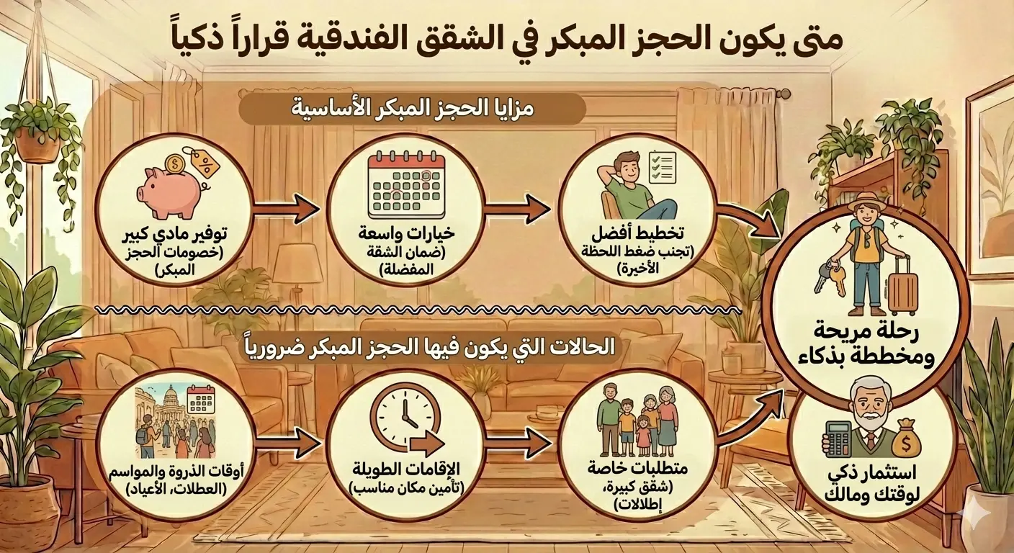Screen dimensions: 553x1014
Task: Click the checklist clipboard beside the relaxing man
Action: [x=661, y=166]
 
